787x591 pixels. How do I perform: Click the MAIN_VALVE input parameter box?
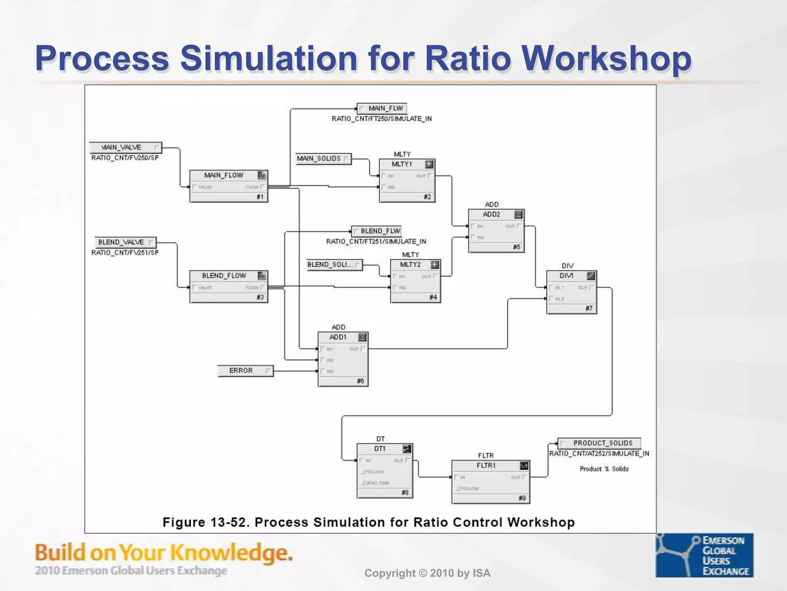point(125,147)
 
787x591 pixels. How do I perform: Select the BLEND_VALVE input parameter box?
point(125,242)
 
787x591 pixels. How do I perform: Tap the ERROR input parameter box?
point(245,371)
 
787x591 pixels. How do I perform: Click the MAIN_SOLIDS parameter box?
point(323,159)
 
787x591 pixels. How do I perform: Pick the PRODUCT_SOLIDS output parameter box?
point(599,443)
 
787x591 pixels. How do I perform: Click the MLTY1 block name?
point(402,164)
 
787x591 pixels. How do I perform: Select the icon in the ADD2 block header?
point(518,215)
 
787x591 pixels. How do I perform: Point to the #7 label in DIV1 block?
point(589,308)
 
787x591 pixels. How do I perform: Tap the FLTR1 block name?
point(486,466)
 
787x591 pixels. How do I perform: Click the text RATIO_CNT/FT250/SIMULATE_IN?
point(382,119)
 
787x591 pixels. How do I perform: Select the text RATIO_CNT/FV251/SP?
point(125,252)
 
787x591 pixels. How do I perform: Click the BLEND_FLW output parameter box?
point(377,231)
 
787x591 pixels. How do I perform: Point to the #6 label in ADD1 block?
point(360,381)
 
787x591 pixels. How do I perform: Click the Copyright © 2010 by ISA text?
point(427,573)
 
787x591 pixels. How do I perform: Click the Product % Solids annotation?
point(604,469)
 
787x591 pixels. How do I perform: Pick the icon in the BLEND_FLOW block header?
point(262,276)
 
